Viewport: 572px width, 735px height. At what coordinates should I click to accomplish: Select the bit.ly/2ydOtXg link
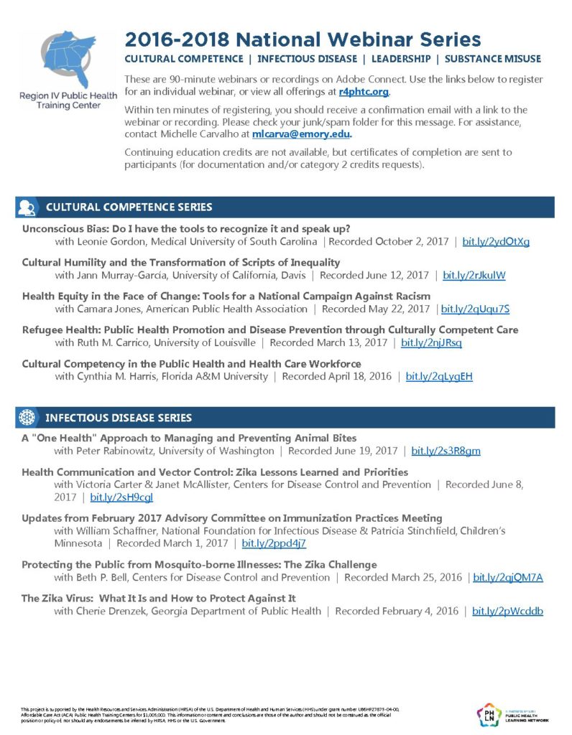click(x=495, y=242)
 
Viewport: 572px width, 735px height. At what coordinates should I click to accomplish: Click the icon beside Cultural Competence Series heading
click(x=27, y=207)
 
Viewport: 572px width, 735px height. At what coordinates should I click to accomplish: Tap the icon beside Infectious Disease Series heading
click(x=27, y=417)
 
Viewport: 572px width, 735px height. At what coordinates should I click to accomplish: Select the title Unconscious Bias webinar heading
click(x=186, y=229)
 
